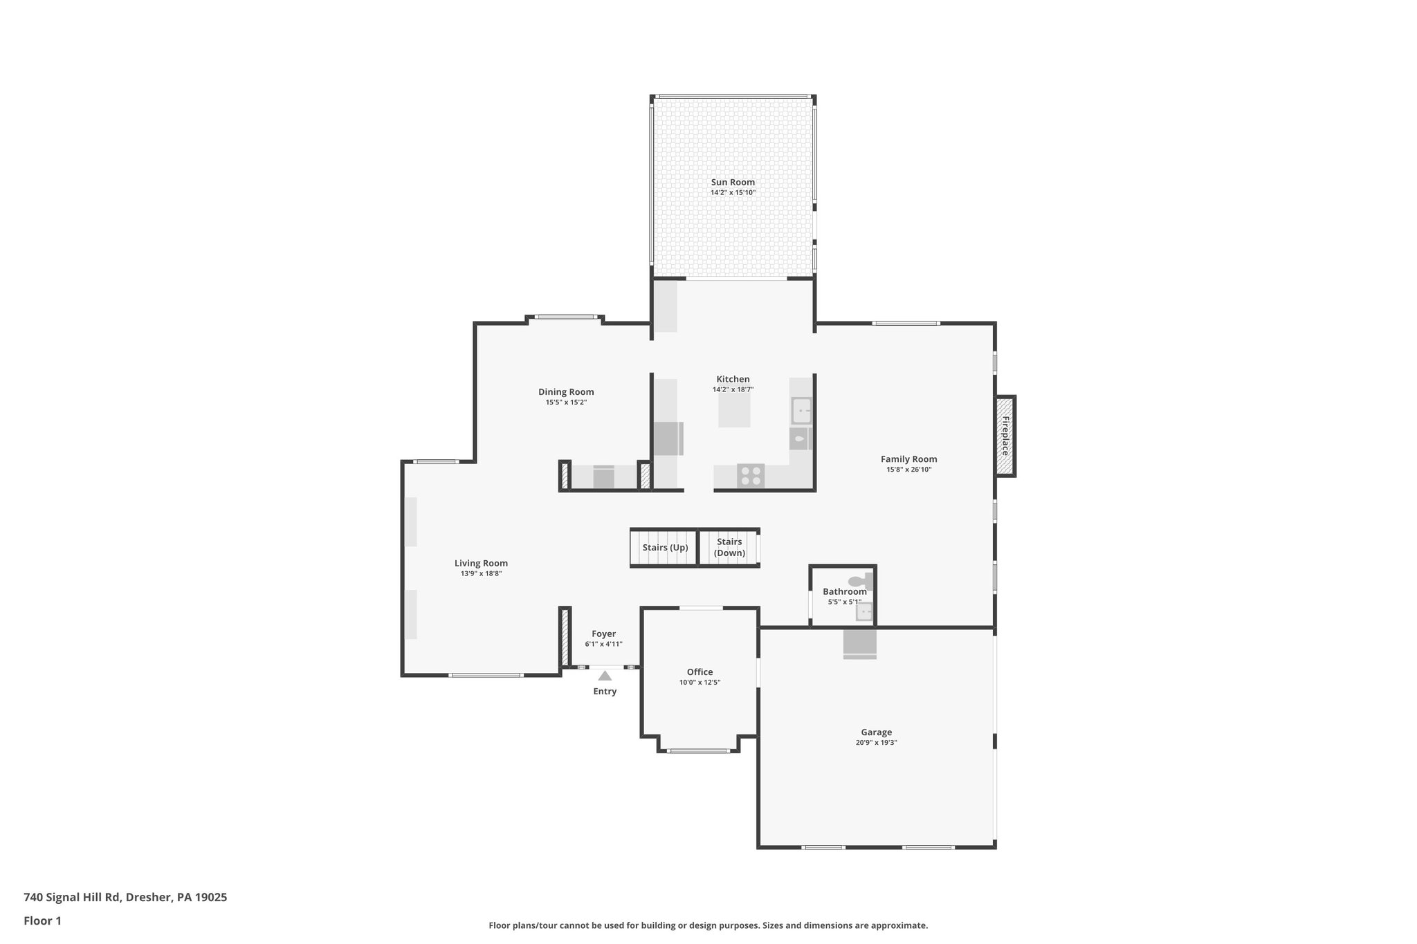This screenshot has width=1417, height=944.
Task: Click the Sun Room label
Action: pos(733,183)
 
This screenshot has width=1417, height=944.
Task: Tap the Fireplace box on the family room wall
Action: pos(1005,436)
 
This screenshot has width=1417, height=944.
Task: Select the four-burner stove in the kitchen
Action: pos(751,476)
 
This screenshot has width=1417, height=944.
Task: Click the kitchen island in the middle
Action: pos(734,412)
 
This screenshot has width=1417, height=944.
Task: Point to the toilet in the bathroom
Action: pos(861,582)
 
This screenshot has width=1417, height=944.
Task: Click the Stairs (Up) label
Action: pos(665,548)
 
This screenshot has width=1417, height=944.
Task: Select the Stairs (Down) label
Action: pos(729,547)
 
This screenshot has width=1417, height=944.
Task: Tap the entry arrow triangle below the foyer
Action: pos(605,676)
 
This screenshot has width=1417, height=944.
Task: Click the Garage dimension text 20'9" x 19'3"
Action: pos(876,743)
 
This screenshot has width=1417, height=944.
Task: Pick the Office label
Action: pos(700,672)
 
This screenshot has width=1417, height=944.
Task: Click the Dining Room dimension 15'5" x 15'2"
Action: pos(566,402)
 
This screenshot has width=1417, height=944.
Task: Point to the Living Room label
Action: pos(481,564)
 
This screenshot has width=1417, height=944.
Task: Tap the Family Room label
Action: pos(908,459)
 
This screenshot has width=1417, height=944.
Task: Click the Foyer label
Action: pos(603,634)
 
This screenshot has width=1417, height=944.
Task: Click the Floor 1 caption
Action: pos(42,921)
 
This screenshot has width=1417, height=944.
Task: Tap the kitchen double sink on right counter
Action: pos(801,410)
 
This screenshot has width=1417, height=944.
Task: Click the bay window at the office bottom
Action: pos(699,751)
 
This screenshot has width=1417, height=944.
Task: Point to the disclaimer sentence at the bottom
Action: pos(708,925)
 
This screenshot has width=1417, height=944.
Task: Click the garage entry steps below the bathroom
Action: pos(859,644)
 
